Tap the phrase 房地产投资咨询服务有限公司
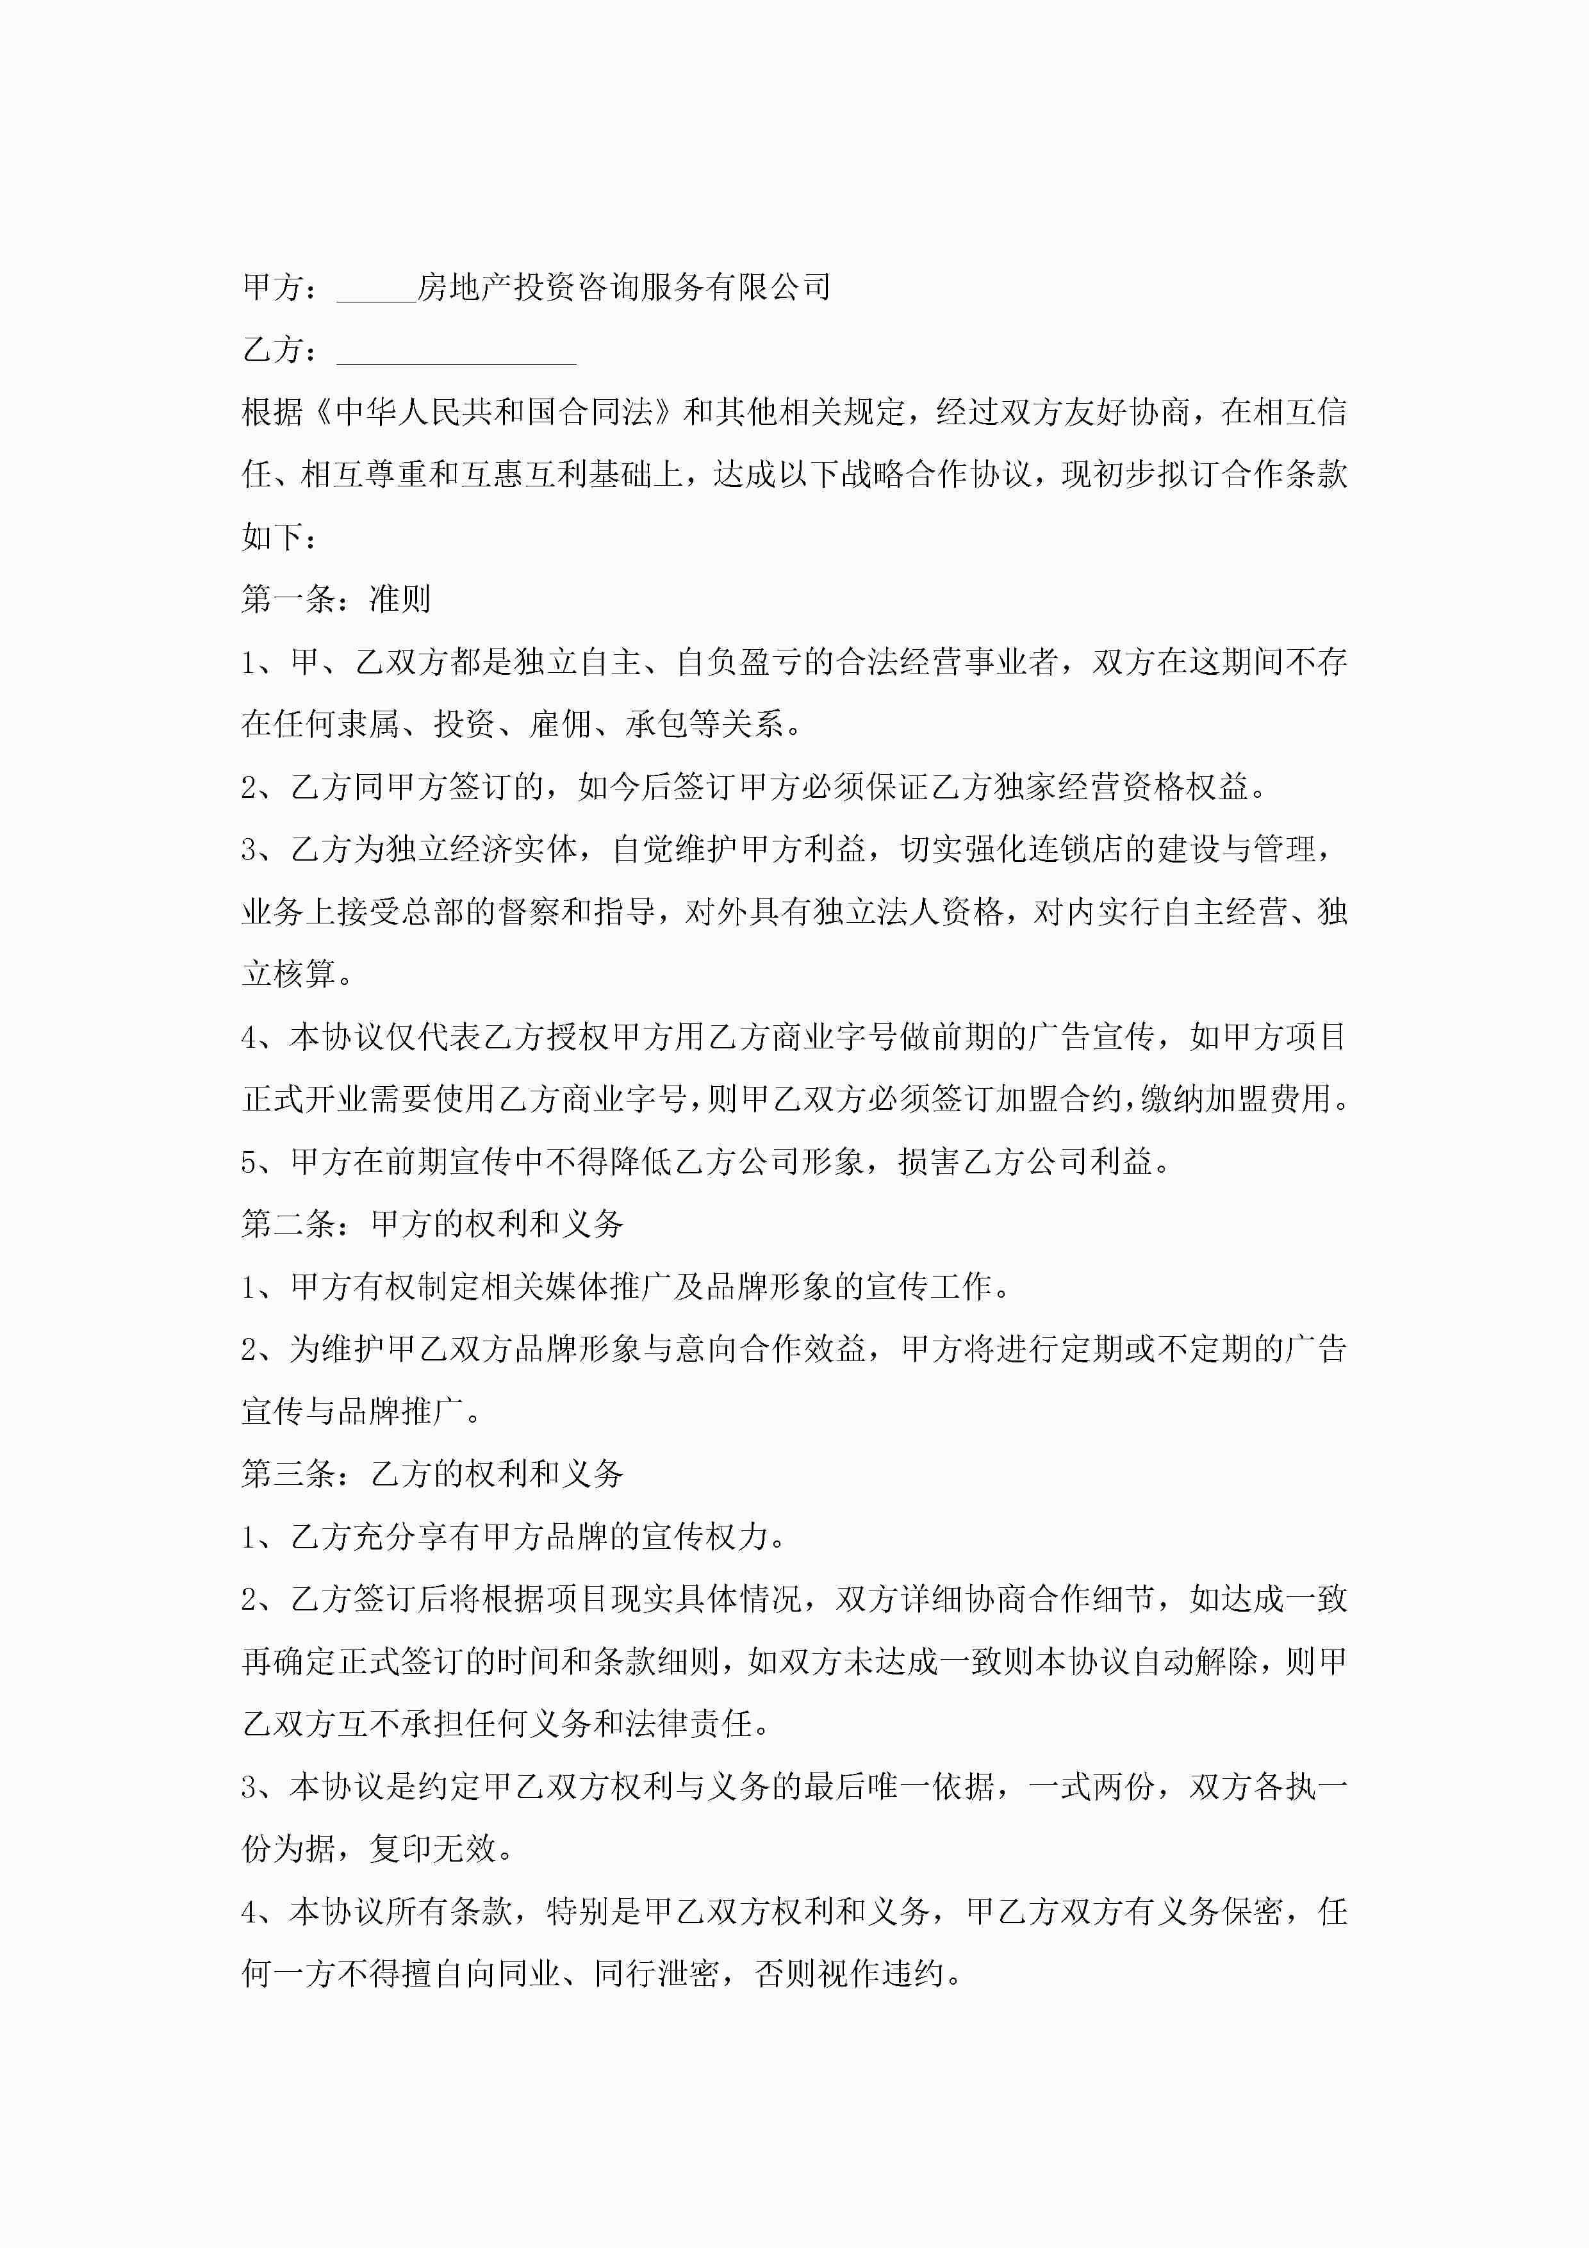pos(623,287)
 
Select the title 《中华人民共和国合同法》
pos(495,412)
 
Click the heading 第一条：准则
pos(336,599)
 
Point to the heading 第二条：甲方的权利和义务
pos(432,1223)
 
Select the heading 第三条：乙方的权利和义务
pos(432,1473)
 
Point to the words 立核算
pos(289,974)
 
